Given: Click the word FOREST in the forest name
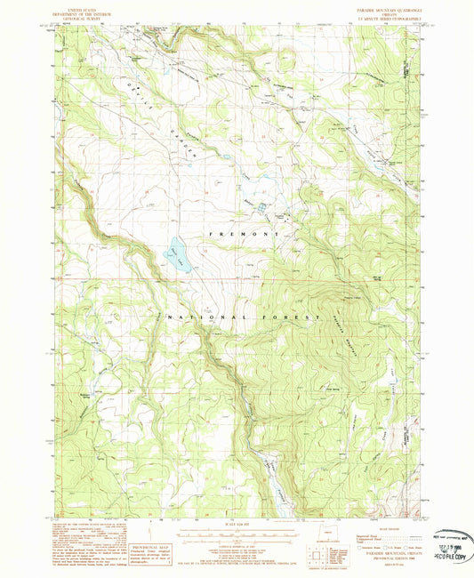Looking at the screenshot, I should [298, 317].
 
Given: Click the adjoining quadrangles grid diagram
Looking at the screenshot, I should [317, 558].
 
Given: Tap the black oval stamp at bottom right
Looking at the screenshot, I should [450, 538].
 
